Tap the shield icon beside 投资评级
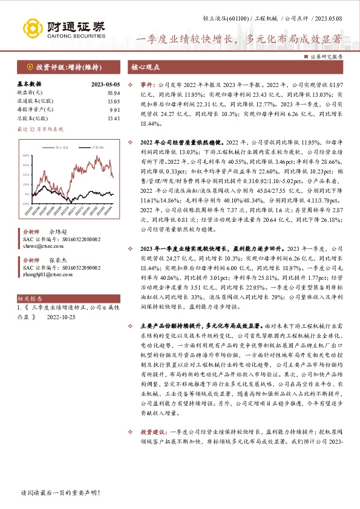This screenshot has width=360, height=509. click(28, 66)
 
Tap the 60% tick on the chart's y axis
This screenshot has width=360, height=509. click(26, 155)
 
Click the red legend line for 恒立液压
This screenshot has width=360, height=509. click(47, 146)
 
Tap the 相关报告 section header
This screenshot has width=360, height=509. click(30, 299)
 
